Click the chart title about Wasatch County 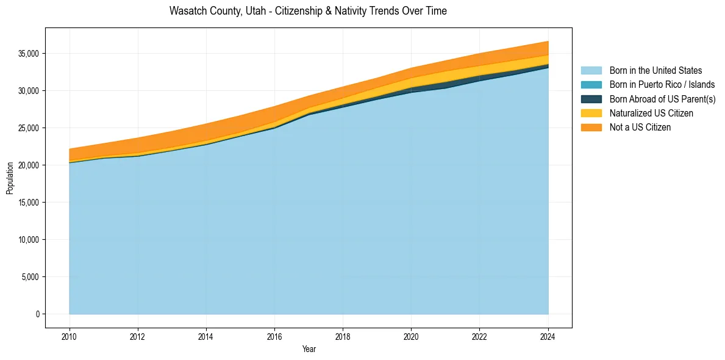point(308,11)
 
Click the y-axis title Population point(10,178)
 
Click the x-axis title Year point(309,349)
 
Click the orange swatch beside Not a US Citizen point(591,128)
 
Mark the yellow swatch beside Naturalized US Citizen point(591,113)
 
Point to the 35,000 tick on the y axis point(29,54)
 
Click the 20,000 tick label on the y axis point(29,165)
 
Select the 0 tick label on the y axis point(37,314)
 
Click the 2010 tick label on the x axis point(70,335)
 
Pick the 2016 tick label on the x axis point(274,335)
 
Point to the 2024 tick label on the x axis point(548,335)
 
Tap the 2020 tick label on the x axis point(412,335)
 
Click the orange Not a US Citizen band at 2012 point(138,145)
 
